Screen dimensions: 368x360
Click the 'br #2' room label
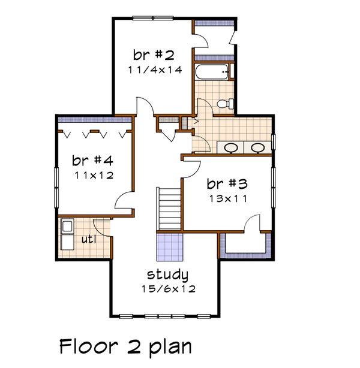click(154, 56)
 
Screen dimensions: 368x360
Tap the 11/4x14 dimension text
click(154, 70)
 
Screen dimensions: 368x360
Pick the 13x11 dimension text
click(227, 198)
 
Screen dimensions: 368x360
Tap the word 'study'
click(168, 276)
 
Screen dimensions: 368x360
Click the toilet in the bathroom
click(224, 104)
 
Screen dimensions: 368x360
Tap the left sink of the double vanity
click(231, 147)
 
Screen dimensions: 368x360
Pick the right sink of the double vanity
click(257, 147)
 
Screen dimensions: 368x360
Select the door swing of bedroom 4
click(124, 200)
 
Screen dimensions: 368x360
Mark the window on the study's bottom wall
click(168, 315)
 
